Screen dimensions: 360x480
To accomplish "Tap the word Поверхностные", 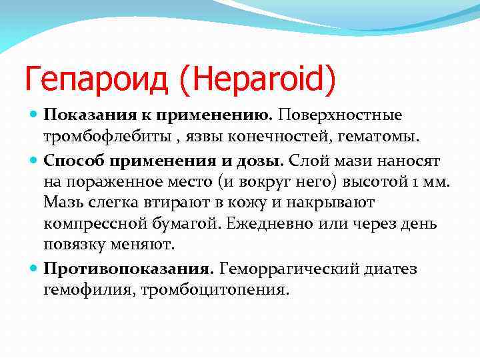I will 341,115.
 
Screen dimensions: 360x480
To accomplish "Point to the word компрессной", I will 91,223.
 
